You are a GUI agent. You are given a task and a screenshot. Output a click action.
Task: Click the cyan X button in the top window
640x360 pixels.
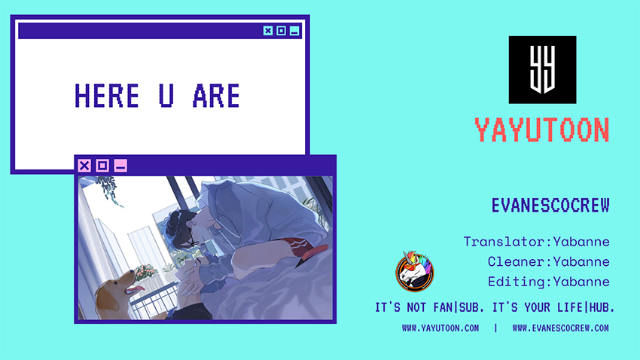point(268,31)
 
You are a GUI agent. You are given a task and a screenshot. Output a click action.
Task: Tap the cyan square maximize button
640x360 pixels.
point(282,31)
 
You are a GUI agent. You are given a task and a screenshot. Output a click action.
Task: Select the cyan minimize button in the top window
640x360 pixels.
point(294,31)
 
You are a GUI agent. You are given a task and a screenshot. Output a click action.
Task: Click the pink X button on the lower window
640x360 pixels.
point(84,165)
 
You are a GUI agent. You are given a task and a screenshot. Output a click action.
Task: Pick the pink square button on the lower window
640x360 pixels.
point(102,165)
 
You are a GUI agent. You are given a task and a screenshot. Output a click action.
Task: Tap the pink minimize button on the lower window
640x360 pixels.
point(120,165)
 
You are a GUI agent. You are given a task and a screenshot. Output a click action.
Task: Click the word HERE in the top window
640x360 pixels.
point(107,96)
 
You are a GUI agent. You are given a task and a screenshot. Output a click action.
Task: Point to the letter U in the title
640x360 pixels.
point(166,96)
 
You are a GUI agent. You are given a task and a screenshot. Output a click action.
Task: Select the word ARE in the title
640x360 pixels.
point(216,96)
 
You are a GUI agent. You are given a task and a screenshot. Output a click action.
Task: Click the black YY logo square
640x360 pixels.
point(542,70)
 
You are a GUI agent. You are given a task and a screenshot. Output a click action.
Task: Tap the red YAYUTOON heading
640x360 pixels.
point(542,130)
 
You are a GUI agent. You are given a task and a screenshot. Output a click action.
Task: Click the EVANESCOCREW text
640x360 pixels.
point(550,206)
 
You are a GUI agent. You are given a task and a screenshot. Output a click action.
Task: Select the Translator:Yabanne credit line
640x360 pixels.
point(536,242)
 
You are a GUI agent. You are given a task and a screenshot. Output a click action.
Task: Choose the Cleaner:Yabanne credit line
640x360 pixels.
point(549,261)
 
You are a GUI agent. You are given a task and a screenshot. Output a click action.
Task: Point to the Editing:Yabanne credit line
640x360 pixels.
point(549,282)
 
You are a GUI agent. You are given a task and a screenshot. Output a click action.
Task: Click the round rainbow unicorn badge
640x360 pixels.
point(415,271)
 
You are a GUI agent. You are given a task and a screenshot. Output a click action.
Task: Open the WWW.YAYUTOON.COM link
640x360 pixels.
point(440,328)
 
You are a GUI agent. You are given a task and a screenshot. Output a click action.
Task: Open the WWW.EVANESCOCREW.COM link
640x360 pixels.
point(561,328)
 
